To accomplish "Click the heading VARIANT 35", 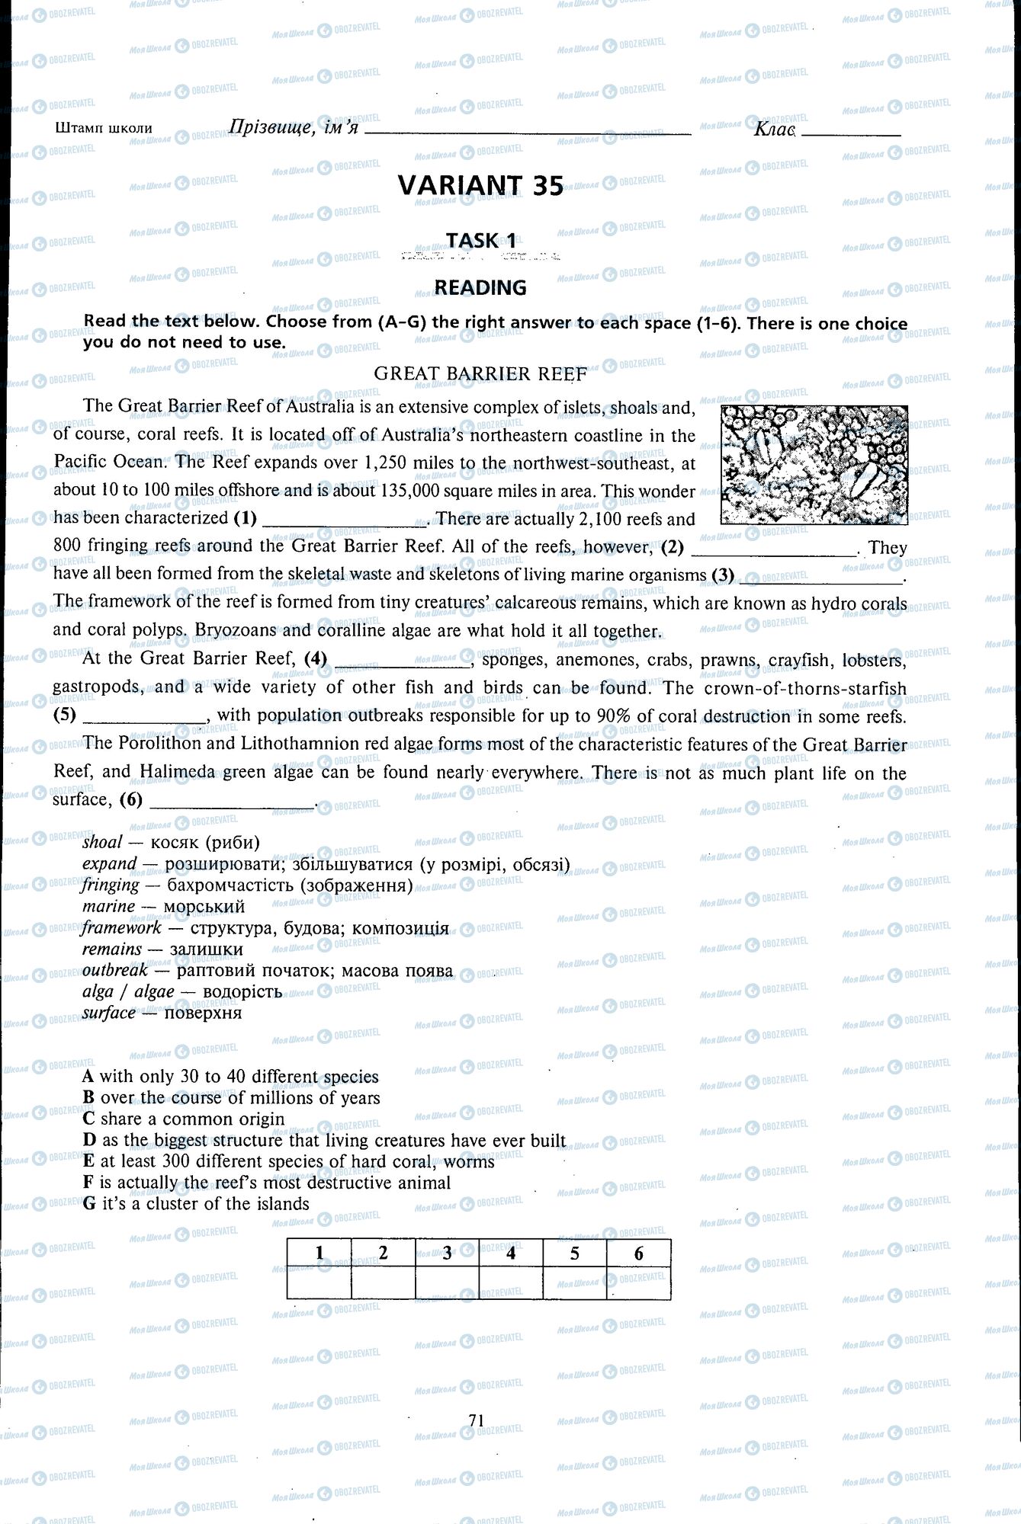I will click(480, 186).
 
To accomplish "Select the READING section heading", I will click(480, 287).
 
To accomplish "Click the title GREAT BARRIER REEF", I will click(480, 373).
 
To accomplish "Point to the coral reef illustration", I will click(814, 464).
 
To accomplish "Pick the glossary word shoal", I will click(102, 842).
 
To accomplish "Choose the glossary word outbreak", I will click(115, 971).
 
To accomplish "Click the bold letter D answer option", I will click(89, 1141).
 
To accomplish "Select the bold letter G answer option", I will click(89, 1204).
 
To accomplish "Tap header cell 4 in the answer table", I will click(511, 1253).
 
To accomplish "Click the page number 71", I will click(477, 1420).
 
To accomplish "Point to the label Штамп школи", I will click(104, 128).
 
